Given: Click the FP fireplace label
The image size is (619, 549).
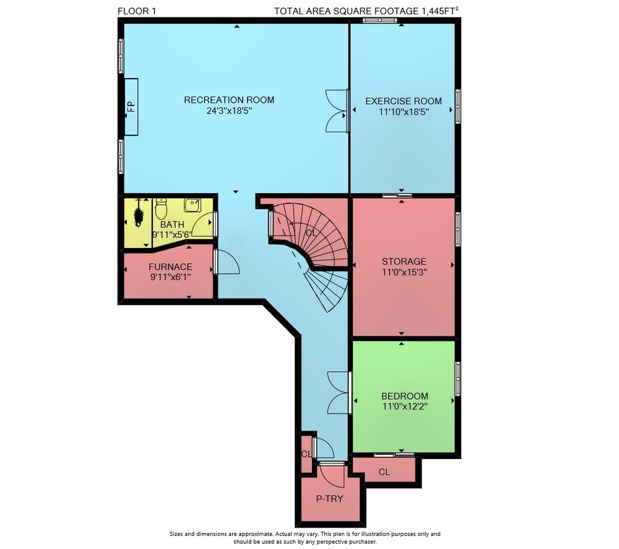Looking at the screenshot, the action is pos(131,107).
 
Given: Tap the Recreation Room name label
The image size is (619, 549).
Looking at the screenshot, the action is pos(229,100).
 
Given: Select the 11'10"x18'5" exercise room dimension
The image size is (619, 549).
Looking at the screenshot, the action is pos(404,112).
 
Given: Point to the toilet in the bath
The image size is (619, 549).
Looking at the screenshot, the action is pos(161,209).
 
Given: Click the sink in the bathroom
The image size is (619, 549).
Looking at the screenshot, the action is pos(193,205).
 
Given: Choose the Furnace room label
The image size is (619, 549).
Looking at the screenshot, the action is pos(171,267).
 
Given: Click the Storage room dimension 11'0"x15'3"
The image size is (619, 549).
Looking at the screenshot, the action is pos(404,272).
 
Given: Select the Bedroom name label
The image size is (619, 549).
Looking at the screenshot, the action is pos(405,396).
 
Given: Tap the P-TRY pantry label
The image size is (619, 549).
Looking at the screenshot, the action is pos(330,499).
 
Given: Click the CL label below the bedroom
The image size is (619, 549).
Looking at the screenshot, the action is pos(384,472).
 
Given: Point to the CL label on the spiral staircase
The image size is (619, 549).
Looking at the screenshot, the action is pos(311,233).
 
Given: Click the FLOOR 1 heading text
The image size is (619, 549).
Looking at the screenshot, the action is pos(137,11).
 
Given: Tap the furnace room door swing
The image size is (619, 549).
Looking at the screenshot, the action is pos(228,261).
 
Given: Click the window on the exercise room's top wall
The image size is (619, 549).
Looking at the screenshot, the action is pos(380,20).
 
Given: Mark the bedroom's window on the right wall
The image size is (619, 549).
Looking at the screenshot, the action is pos(457,379).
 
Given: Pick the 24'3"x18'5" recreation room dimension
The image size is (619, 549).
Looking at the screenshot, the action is pos(229,111).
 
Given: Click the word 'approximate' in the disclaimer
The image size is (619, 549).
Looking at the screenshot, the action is pos(253,534).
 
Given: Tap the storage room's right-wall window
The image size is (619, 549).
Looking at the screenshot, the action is pos(457,229).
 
